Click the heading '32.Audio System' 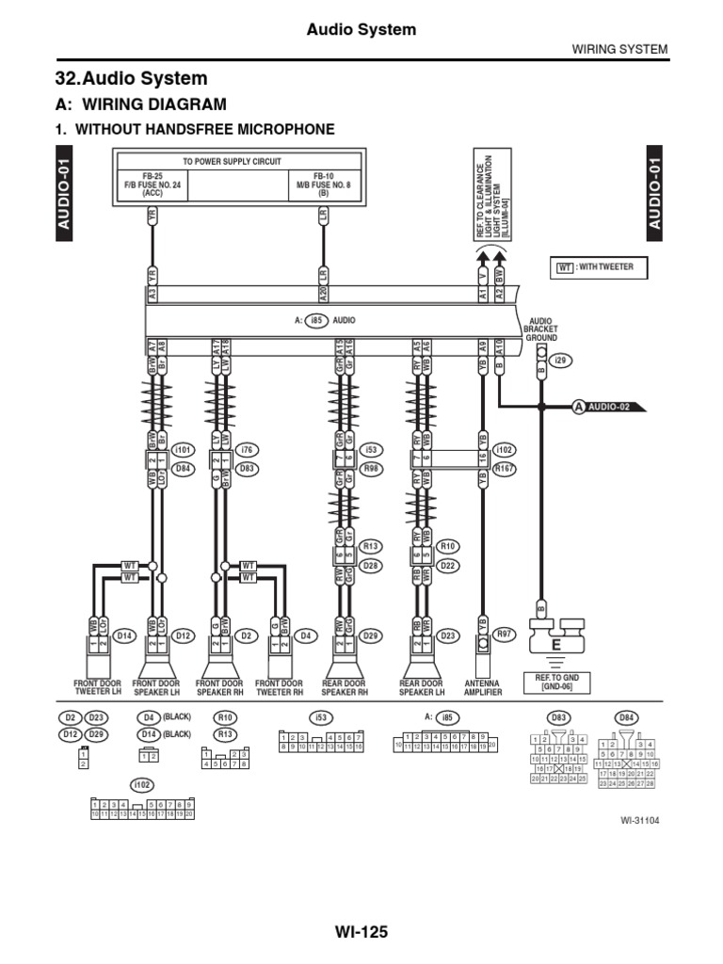click(x=134, y=78)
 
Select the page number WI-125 click(x=361, y=932)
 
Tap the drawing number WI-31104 click(x=639, y=820)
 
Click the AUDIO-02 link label click(x=608, y=407)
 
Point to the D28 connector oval click(x=371, y=565)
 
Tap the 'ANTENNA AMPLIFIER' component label click(x=483, y=687)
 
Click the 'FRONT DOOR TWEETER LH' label click(x=98, y=687)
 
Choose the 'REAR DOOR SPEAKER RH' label click(x=345, y=687)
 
